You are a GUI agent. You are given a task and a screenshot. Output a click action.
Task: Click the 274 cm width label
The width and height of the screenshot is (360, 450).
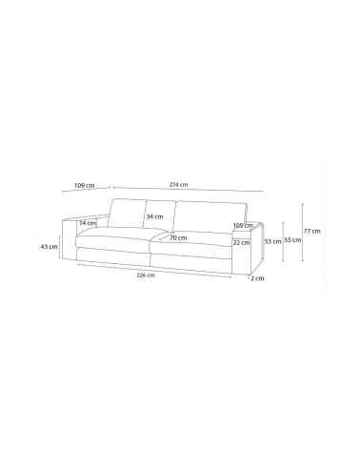179,184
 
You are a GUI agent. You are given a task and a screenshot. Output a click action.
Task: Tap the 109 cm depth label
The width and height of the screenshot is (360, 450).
84,185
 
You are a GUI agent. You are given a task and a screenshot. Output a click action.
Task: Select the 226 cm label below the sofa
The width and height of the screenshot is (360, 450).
146,276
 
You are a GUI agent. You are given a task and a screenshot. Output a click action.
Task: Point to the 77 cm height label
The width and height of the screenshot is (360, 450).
311,231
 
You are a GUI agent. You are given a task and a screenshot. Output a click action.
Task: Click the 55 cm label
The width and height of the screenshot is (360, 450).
292,240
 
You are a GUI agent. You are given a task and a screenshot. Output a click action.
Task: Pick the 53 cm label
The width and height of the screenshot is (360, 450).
273,241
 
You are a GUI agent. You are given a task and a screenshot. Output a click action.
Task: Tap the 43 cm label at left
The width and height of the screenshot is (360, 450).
49,246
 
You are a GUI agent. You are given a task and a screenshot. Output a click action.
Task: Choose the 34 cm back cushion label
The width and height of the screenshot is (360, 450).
154,216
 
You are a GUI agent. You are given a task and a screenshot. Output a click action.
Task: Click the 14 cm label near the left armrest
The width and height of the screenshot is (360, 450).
88,223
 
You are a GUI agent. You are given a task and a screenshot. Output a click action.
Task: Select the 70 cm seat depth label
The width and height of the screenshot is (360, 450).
178,237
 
